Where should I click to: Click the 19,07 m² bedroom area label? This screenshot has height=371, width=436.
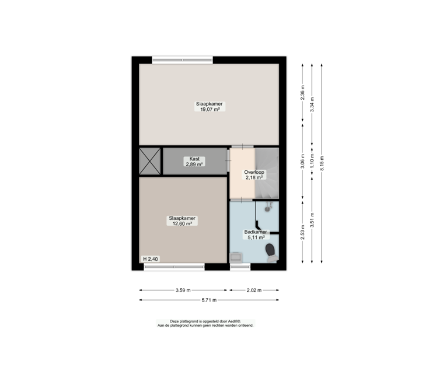pyautogui.click(x=210, y=107)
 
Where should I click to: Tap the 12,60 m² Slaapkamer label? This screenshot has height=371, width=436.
pyautogui.click(x=182, y=221)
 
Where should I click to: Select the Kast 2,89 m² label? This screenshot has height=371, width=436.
pyautogui.click(x=194, y=162)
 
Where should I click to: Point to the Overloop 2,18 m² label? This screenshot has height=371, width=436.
pyautogui.click(x=254, y=174)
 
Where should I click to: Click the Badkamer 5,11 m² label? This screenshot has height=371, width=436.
pyautogui.click(x=256, y=235)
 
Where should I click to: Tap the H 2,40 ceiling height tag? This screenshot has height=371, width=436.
pyautogui.click(x=151, y=259)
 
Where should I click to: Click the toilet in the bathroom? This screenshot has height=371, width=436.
pyautogui.click(x=271, y=253)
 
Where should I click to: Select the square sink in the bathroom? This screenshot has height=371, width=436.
pyautogui.click(x=236, y=258)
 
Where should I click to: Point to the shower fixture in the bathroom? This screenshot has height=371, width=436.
pyautogui.click(x=268, y=206)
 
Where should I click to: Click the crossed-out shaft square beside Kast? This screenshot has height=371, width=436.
pyautogui.click(x=150, y=161)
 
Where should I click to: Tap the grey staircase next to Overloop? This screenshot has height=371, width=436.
pyautogui.click(x=267, y=173)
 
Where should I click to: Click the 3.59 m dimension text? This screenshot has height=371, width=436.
pyautogui.click(x=183, y=290)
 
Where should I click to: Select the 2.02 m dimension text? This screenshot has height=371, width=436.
pyautogui.click(x=254, y=290)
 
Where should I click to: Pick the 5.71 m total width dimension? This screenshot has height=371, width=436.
pyautogui.click(x=209, y=300)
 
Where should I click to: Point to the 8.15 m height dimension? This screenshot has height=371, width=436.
pyautogui.click(x=322, y=163)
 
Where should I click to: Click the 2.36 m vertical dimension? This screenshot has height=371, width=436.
pyautogui.click(x=303, y=93)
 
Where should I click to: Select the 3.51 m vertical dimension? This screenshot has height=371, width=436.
pyautogui.click(x=312, y=220)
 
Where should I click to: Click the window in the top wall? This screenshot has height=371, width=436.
pyautogui.click(x=183, y=60)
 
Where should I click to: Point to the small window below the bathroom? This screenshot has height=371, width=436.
pyautogui.click(x=240, y=267)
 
